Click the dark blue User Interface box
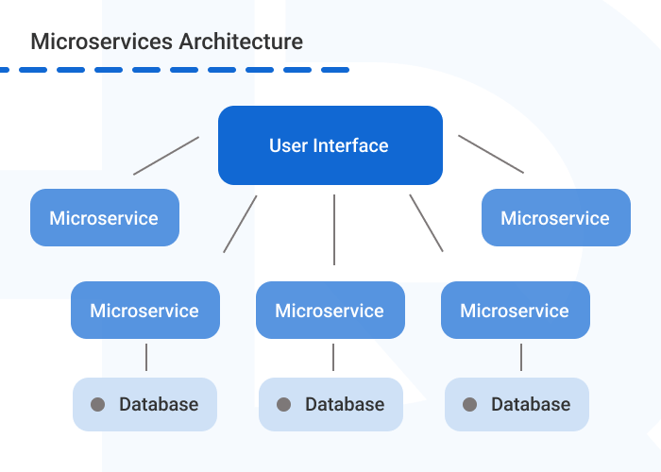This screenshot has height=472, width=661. (x=330, y=145)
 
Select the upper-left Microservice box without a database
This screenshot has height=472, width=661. (x=104, y=218)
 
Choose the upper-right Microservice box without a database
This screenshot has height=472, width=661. (x=555, y=218)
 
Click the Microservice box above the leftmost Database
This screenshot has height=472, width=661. (x=144, y=311)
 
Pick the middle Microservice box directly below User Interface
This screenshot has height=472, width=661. (x=330, y=311)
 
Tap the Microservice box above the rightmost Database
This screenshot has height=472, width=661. (x=515, y=311)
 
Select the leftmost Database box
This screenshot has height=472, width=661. (x=144, y=404)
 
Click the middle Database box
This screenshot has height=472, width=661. (x=330, y=404)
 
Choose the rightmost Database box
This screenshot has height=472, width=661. (x=517, y=404)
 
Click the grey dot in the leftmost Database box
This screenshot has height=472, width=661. (x=97, y=405)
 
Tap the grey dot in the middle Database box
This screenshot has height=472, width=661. (x=283, y=405)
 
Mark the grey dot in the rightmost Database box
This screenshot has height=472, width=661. (x=469, y=405)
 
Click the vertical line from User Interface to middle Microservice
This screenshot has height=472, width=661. (x=334, y=229)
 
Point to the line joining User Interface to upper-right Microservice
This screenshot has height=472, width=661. (x=491, y=154)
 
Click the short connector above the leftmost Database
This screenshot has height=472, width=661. (x=146, y=357)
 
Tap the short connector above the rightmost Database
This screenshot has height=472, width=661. (x=521, y=357)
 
